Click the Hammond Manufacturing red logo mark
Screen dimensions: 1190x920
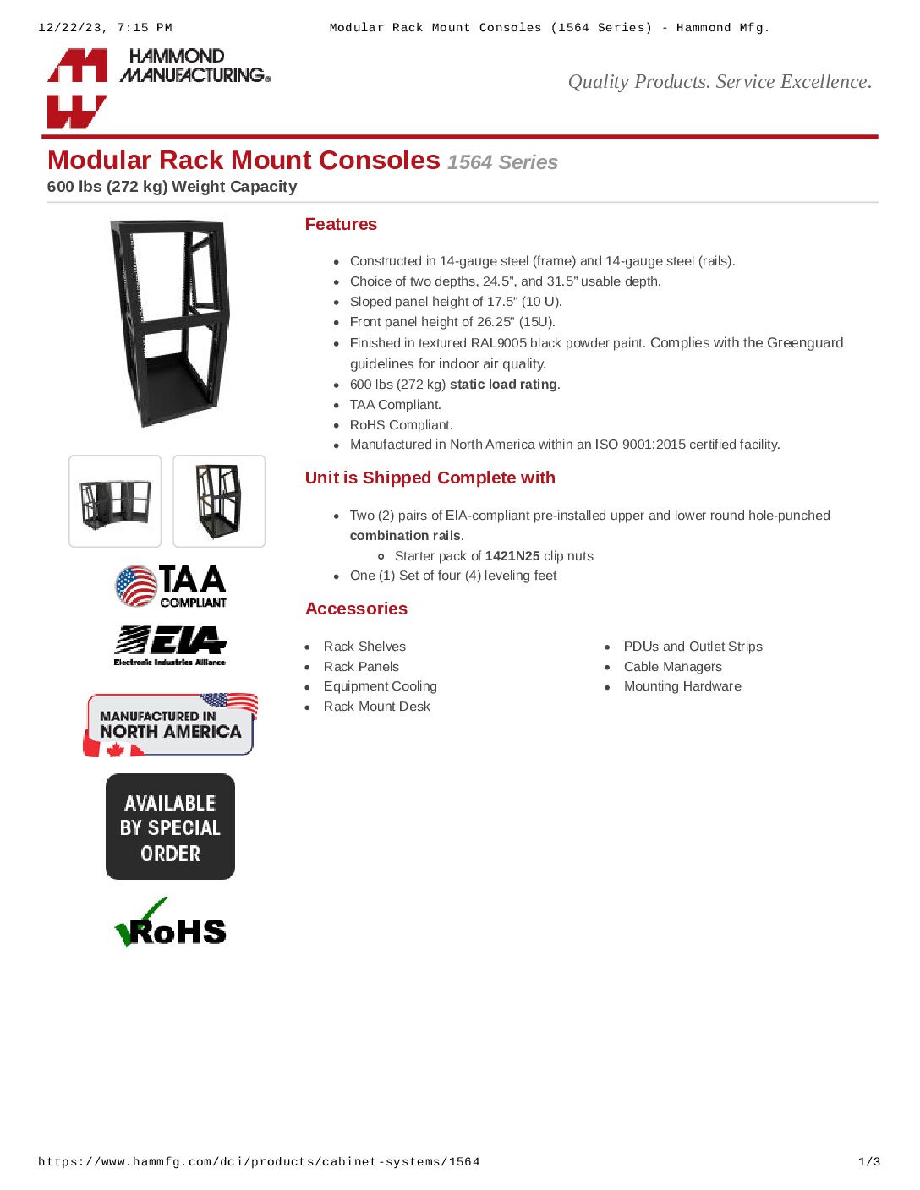[x=77, y=88]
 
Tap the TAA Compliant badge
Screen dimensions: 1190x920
[x=171, y=587]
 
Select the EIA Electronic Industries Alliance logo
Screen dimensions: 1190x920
[x=170, y=646]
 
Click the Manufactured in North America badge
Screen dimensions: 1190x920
[x=170, y=725]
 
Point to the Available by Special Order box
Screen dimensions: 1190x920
[x=170, y=827]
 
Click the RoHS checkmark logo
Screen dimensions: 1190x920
[x=170, y=924]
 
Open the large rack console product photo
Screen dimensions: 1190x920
[x=170, y=323]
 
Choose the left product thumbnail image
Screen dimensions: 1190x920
[x=115, y=501]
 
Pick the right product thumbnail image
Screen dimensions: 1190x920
[x=219, y=501]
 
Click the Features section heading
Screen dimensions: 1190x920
[x=341, y=224]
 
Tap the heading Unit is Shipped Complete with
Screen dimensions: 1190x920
[x=430, y=478]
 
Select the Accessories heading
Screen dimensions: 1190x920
[x=356, y=609]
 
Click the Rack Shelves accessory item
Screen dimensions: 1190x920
[x=364, y=647]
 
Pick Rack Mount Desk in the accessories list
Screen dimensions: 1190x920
[x=376, y=707]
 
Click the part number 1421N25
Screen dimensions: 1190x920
[x=512, y=556]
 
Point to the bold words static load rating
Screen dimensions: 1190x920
[x=503, y=385]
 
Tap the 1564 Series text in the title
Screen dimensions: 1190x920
[x=502, y=162]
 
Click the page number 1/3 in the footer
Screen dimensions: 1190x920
[x=869, y=1162]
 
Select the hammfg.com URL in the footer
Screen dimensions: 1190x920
[x=259, y=1162]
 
